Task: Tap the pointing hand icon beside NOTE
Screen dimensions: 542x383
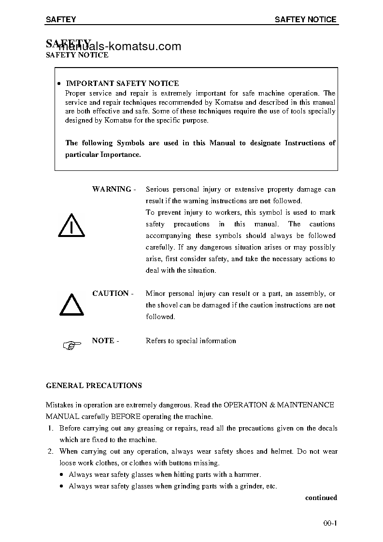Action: click(71, 345)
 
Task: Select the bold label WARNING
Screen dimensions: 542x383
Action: click(112, 189)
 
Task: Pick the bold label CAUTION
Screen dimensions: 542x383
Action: click(111, 293)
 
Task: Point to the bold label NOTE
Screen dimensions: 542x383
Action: click(103, 341)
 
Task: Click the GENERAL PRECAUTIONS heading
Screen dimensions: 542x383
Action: click(94, 386)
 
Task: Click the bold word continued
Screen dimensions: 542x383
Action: click(321, 498)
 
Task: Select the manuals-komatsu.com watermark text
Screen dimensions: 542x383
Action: click(120, 46)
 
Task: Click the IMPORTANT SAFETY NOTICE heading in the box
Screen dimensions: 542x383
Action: click(122, 83)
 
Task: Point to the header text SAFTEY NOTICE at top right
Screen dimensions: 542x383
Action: click(305, 20)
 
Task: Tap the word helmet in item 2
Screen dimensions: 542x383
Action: click(281, 451)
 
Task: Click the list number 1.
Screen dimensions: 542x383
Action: click(50, 428)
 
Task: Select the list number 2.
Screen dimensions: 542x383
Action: click(50, 451)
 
